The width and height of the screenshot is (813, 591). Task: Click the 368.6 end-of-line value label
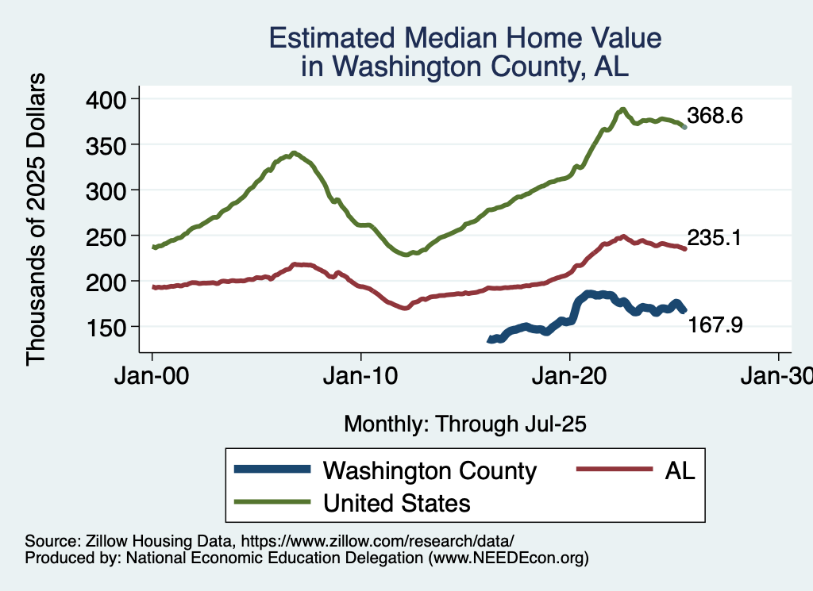click(x=715, y=116)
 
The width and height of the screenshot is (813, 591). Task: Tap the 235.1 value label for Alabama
click(x=715, y=237)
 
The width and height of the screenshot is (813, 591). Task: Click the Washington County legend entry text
click(x=430, y=470)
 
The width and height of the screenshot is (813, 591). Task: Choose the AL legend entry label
click(x=680, y=470)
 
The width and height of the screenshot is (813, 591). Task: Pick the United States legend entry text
click(x=396, y=502)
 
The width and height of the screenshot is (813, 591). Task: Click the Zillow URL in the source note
click(x=378, y=541)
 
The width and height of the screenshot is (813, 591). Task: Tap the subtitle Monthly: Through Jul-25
click(x=464, y=424)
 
